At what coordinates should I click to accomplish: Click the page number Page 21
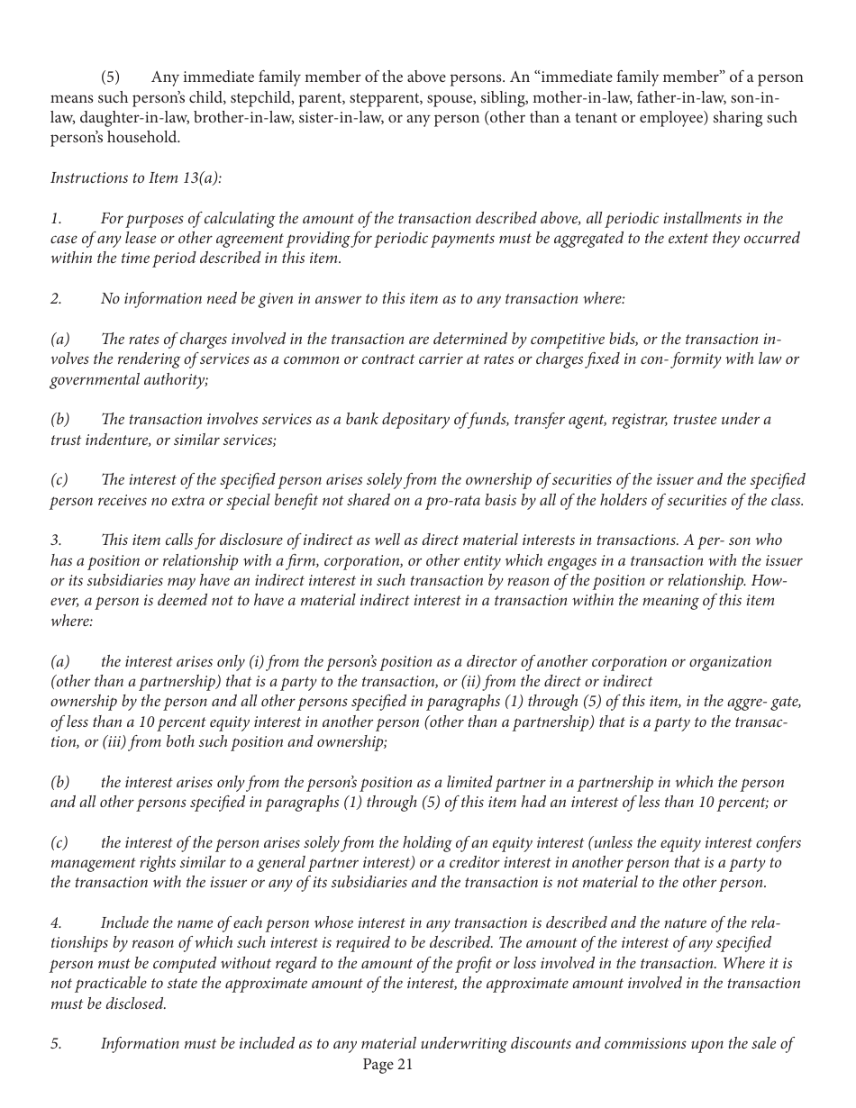pos(387,1065)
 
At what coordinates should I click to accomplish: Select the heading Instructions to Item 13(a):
pos(136,177)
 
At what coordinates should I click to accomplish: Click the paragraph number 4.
pos(55,922)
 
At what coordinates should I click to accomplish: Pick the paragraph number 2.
pos(55,298)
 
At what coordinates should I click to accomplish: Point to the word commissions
pos(662,1044)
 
